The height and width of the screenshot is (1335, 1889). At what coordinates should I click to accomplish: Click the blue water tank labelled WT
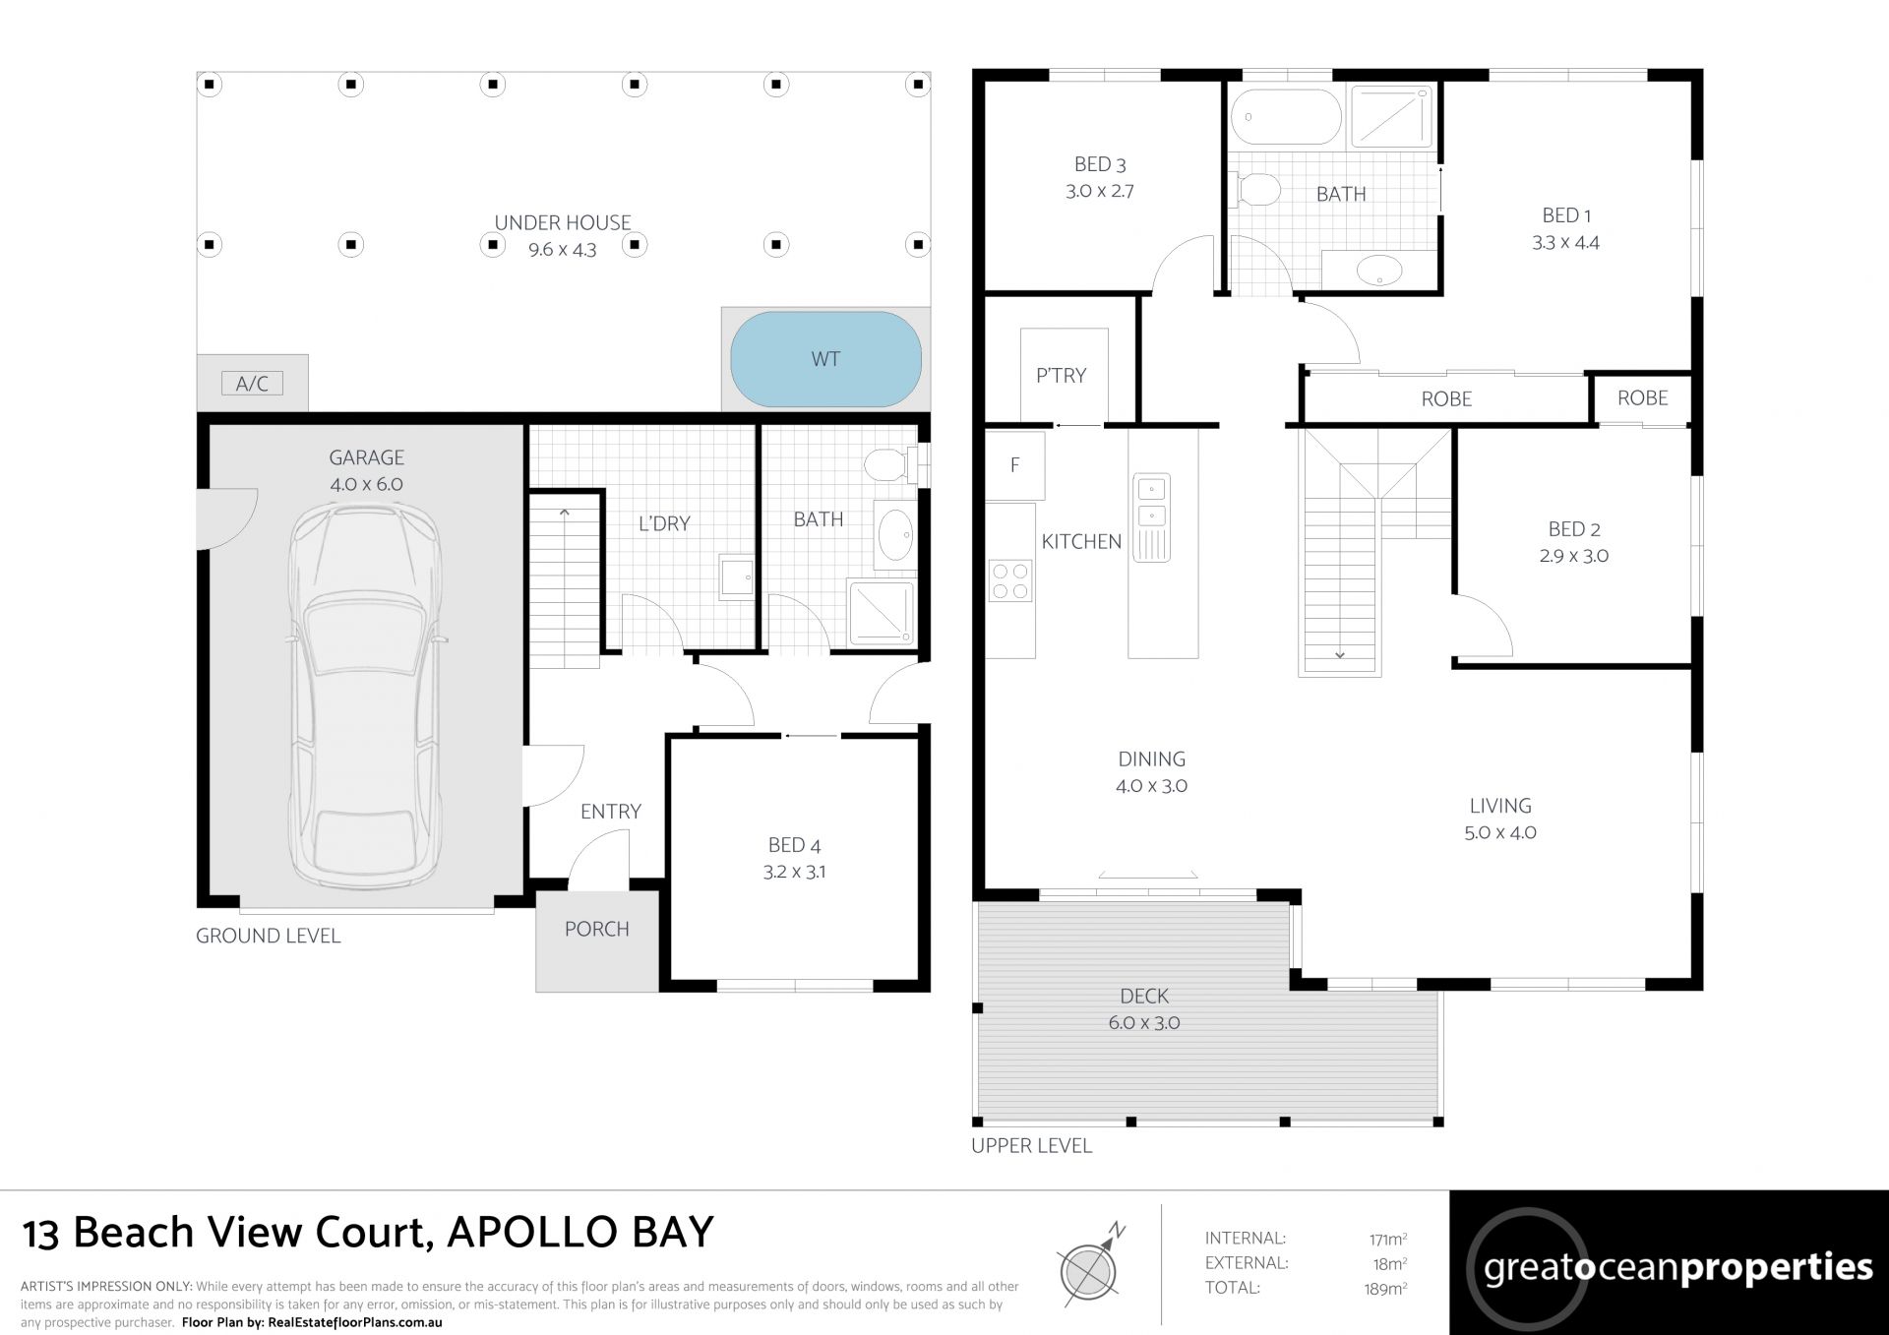point(825,359)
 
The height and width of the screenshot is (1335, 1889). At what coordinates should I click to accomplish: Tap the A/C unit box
point(252,383)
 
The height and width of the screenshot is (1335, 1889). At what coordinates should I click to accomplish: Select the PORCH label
point(596,929)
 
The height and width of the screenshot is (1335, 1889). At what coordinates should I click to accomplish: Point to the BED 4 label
point(794,845)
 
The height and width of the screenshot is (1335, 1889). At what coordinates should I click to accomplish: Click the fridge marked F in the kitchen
point(1014,465)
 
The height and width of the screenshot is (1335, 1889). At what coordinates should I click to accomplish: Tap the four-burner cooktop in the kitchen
point(1010,580)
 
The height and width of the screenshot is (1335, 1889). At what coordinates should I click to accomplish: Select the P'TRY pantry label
point(1061,375)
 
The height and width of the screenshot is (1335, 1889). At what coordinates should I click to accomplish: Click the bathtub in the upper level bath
point(1286,117)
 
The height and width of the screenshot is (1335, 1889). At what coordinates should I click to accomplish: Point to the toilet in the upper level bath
point(1255,189)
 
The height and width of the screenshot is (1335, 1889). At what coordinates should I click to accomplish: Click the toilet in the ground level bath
point(888,465)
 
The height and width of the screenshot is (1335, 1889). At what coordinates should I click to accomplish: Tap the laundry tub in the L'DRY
point(736,576)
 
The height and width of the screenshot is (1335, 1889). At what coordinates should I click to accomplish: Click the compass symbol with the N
point(1089,1267)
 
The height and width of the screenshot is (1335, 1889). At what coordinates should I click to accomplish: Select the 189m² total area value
point(1385,1289)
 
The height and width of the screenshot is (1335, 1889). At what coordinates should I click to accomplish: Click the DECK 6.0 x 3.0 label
point(1144,1009)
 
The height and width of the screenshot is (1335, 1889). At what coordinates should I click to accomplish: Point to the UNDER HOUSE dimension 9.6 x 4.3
point(563,250)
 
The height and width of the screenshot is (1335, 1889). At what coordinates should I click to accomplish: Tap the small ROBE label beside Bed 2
point(1643,397)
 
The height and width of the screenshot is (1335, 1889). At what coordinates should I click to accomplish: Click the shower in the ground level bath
point(881,613)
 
